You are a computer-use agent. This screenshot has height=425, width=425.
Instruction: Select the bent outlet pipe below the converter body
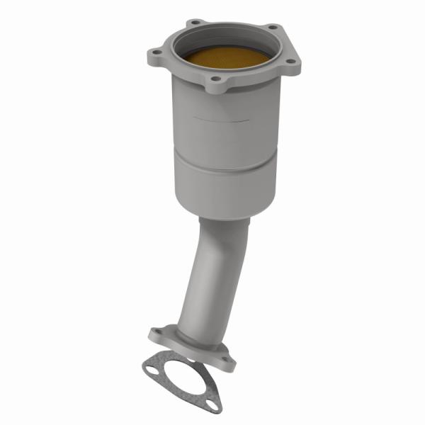212,276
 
